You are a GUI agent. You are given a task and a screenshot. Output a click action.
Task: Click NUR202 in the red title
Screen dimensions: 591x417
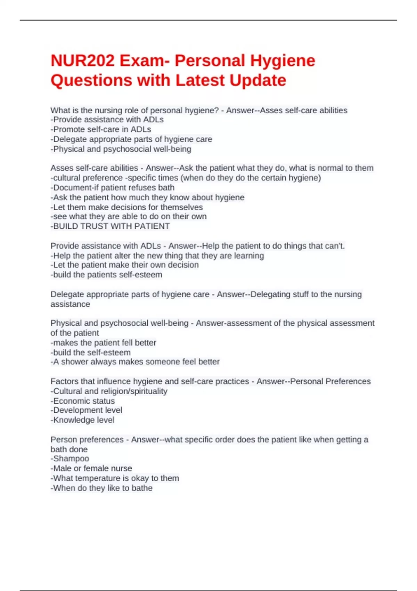point(82,61)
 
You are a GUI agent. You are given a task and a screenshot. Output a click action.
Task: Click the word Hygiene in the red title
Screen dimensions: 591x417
point(283,61)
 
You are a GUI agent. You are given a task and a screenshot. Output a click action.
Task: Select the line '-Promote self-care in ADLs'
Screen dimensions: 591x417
point(101,129)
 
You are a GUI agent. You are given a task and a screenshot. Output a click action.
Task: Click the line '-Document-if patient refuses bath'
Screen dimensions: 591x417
point(113,188)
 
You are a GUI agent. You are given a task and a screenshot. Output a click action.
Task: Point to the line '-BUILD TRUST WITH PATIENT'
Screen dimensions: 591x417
point(110,226)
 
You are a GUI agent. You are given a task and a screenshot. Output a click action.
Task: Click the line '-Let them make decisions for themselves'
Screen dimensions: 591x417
point(127,207)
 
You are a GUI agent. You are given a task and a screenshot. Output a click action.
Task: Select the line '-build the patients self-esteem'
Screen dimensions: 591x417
point(106,275)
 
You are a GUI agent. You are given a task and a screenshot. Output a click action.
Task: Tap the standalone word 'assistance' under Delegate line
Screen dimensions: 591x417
point(70,304)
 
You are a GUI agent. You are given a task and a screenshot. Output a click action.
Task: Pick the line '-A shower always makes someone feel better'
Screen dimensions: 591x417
point(135,362)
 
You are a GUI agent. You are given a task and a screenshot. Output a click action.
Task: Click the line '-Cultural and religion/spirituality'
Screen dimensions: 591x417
point(109,391)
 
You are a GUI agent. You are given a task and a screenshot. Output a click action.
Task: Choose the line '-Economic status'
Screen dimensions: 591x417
point(83,401)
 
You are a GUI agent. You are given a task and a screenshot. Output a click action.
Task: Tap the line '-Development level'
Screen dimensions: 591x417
point(87,410)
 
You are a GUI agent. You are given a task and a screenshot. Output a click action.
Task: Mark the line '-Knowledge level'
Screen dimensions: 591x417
point(82,420)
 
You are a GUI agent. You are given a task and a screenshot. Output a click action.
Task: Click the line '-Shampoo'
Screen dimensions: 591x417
point(70,459)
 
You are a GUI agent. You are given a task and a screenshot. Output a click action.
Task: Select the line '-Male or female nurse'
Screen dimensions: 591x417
point(91,468)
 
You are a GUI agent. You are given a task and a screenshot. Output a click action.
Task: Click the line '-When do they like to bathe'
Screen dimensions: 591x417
point(101,488)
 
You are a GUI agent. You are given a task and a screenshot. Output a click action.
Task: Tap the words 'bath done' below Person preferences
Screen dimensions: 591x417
point(69,449)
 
